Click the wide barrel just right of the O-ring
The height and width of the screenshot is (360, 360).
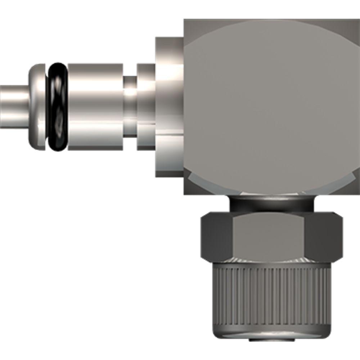95,108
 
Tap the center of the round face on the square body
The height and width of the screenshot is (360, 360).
272,104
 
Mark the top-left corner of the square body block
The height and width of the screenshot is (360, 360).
186,21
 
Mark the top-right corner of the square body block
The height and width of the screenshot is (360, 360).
358,21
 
